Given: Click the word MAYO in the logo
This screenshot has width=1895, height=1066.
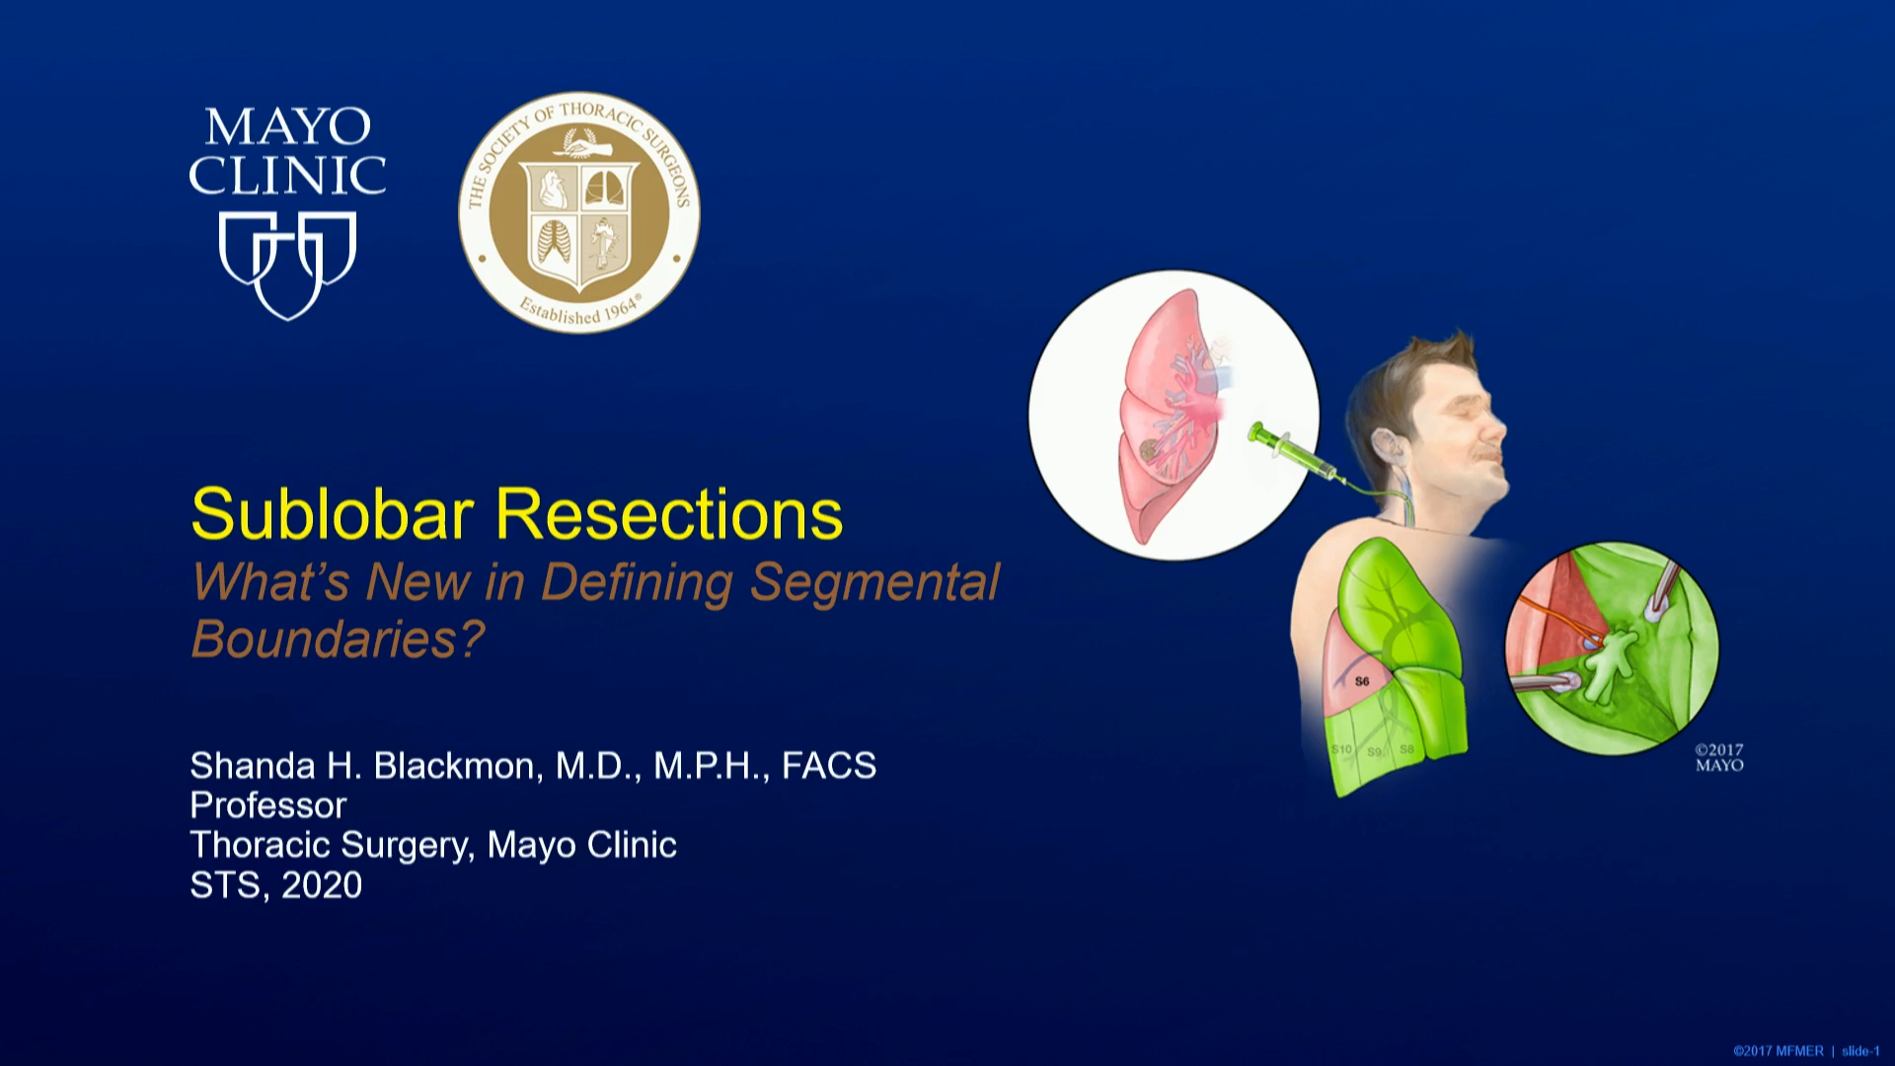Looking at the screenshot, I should point(287,127).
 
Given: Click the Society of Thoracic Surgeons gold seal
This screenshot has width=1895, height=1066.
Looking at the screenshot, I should point(579,212).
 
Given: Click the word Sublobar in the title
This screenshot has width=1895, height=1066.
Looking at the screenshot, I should point(332,514).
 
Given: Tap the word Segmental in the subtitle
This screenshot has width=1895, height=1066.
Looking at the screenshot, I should point(874,581).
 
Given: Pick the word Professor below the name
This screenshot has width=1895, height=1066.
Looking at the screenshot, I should point(267,805).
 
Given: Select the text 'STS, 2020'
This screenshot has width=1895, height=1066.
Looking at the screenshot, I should point(275,885).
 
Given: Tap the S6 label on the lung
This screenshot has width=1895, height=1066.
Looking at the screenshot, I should point(1362,681).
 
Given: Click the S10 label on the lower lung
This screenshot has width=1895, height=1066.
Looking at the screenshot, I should point(1341,749).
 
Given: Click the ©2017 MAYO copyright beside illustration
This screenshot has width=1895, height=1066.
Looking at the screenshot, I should point(1718,757).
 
